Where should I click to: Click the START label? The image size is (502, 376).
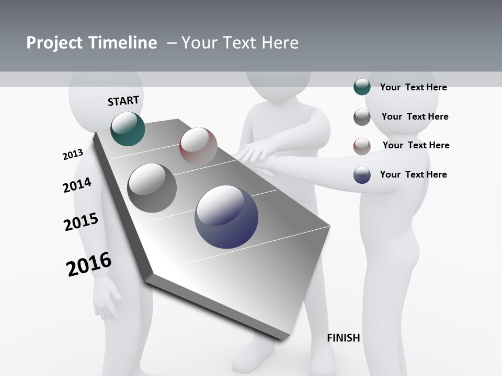(x=123, y=101)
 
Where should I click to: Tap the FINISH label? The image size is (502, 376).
(x=343, y=338)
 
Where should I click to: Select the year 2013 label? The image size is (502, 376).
(x=73, y=155)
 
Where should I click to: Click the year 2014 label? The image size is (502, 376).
(x=77, y=185)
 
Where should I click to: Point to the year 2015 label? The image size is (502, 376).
(x=81, y=222)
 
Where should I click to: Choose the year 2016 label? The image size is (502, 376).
(x=89, y=264)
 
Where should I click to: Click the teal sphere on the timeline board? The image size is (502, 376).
(x=128, y=128)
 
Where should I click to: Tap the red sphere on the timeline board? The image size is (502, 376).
(x=198, y=146)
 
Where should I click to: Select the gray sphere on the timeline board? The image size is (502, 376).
(x=152, y=188)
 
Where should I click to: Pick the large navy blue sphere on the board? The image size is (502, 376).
(x=226, y=217)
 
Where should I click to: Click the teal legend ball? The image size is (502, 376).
(x=362, y=87)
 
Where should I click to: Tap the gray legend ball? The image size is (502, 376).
(x=362, y=117)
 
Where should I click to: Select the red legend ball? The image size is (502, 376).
(x=362, y=146)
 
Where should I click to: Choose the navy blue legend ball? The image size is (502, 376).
(x=362, y=175)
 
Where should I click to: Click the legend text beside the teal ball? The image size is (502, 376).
(x=413, y=87)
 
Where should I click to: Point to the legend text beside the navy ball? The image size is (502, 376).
(x=413, y=174)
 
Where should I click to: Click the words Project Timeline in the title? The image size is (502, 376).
(x=92, y=43)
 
